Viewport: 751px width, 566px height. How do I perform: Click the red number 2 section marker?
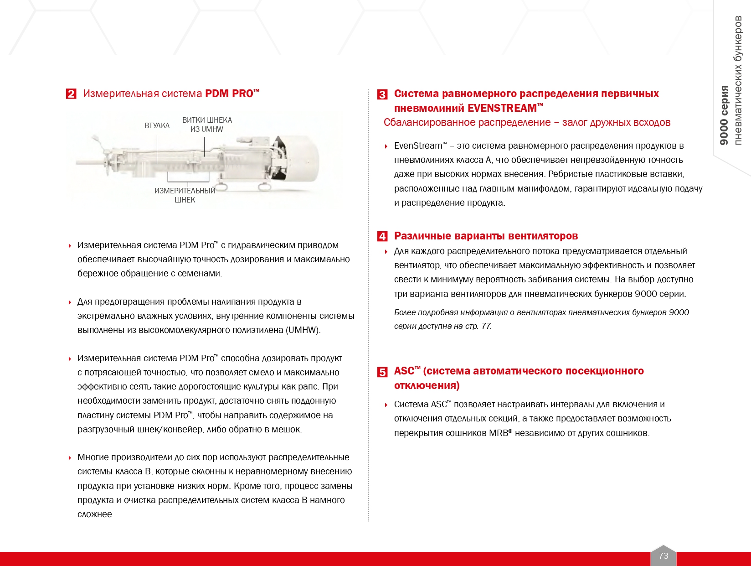71,94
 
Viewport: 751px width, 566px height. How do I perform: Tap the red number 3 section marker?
382,94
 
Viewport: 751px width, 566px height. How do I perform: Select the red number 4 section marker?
382,236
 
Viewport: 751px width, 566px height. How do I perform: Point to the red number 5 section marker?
382,372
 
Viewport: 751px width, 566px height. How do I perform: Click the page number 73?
663,556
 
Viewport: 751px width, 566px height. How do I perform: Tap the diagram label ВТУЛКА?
157,125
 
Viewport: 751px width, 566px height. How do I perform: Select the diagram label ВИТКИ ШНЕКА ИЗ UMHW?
207,125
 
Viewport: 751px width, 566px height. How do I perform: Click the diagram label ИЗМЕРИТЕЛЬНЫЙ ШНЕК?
185,195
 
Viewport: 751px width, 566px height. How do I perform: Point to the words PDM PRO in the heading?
229,93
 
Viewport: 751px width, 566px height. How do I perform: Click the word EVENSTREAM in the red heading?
502,108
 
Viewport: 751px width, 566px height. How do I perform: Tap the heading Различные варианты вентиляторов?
486,236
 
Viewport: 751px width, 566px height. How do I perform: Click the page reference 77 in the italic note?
486,326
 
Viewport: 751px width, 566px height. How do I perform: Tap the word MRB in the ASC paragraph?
498,433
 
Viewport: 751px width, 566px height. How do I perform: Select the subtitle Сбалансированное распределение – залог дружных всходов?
527,122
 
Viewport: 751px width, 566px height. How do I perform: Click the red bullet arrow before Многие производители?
70,457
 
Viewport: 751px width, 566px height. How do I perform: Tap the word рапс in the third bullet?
309,386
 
